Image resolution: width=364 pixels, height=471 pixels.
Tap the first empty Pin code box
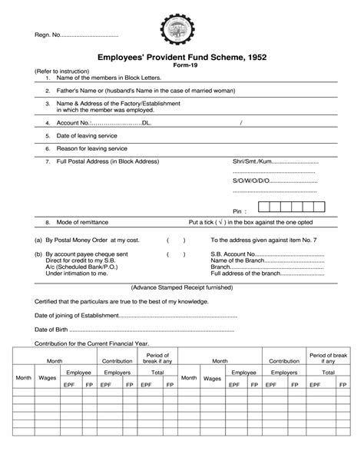pyautogui.click(x=265, y=207)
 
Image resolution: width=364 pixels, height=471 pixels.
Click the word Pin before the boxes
pyautogui.click(x=239, y=210)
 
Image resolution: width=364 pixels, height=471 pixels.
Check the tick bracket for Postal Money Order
pyautogui.click(x=176, y=240)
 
